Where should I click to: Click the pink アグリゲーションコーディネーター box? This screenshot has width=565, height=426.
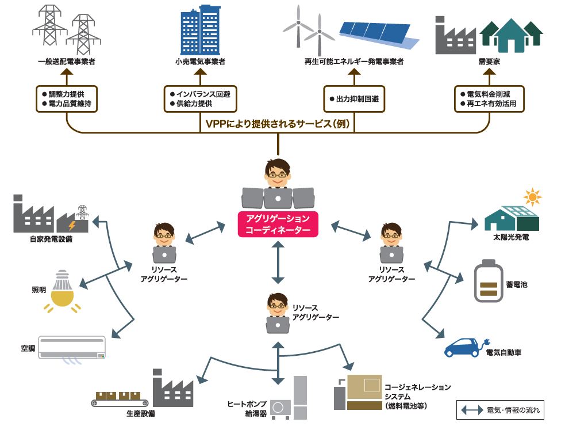tap(278, 225)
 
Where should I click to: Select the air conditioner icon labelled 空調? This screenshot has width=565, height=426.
tap(72, 347)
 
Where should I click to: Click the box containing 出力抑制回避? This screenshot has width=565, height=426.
tap(355, 98)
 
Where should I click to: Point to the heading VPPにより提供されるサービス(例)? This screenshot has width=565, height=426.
tap(278, 123)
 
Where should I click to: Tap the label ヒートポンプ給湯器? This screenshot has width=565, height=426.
tap(247, 409)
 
